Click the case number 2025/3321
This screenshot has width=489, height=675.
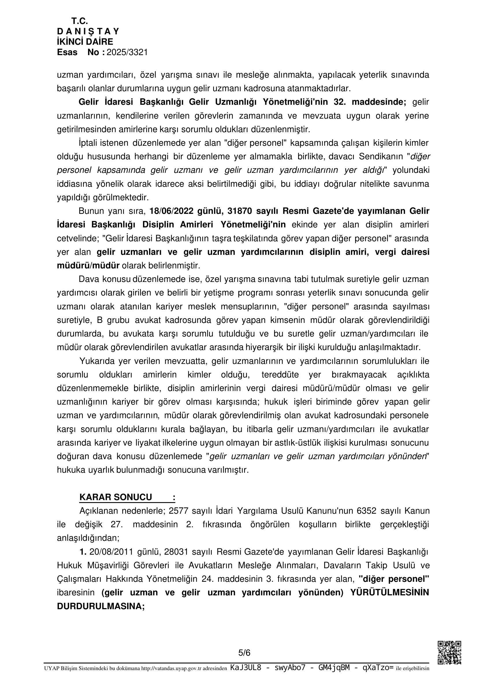point(127,53)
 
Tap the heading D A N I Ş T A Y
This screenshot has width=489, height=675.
point(88,31)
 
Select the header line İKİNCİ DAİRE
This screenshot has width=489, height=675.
point(85,42)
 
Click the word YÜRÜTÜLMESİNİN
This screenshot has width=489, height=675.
point(390,593)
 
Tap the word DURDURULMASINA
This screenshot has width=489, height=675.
point(101,606)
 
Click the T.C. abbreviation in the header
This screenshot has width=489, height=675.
point(79,21)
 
